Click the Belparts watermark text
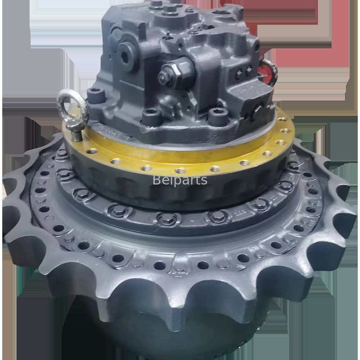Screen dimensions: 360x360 [x=180, y=180]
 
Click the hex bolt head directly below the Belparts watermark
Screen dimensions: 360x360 [x=168, y=218]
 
